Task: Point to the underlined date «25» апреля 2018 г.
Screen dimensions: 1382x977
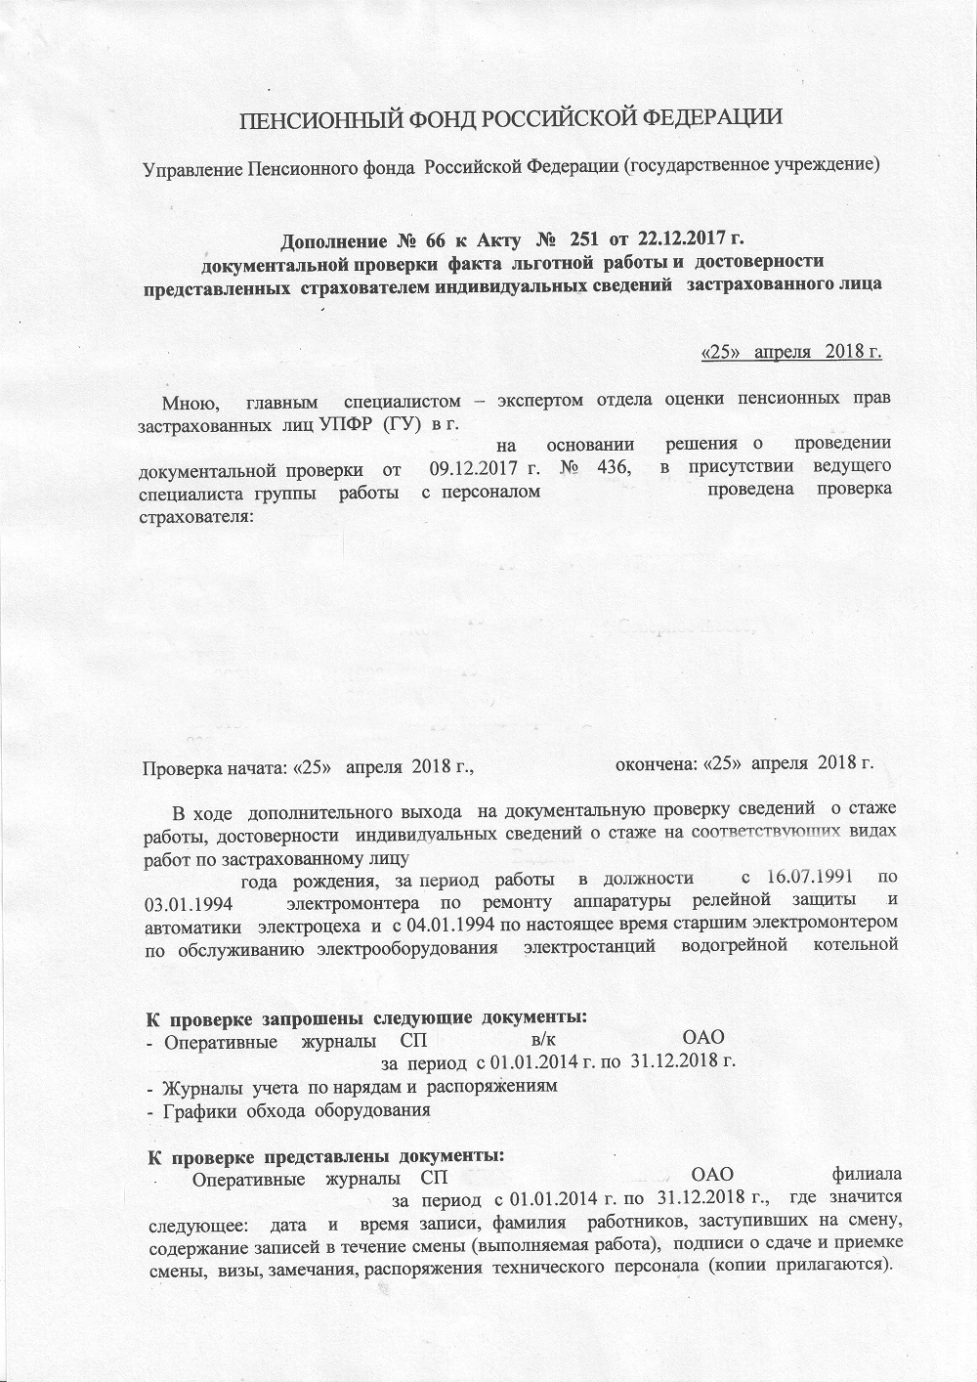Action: pyautogui.click(x=792, y=350)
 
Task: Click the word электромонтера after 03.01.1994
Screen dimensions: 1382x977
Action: pyautogui.click(x=361, y=899)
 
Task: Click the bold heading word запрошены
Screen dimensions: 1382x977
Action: pyautogui.click(x=285, y=1018)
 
